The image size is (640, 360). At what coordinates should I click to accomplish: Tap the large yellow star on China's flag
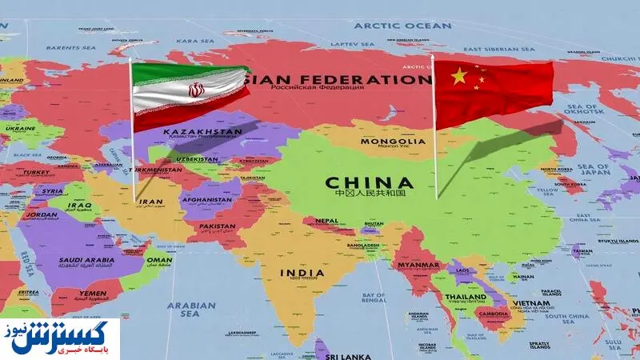coord(459,76)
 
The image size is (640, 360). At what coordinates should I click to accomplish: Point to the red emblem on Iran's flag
coord(196,90)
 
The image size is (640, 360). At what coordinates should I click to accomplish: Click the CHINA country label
coord(369,182)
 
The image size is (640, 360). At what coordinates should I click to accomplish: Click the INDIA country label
coord(302,273)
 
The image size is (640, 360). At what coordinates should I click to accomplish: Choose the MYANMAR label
coord(418,265)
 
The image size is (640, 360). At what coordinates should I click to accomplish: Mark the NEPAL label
coord(326,220)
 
